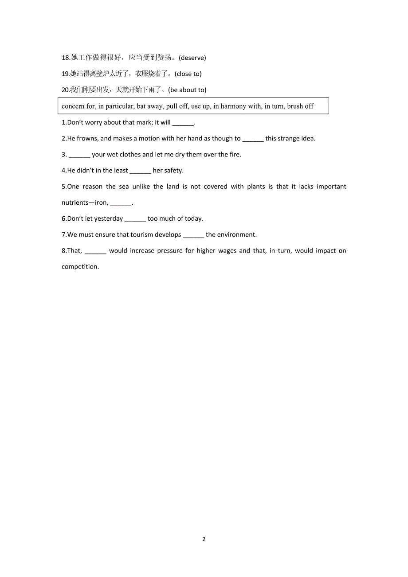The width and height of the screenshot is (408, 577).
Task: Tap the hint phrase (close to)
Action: (188, 74)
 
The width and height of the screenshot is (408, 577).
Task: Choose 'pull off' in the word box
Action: (177, 106)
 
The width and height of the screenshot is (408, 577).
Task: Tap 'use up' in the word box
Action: (200, 106)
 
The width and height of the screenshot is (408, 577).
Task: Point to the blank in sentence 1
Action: (183, 123)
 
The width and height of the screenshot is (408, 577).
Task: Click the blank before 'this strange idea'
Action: (253, 139)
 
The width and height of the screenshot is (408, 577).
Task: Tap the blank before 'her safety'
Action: (141, 171)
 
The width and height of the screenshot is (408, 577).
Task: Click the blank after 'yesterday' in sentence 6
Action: (135, 219)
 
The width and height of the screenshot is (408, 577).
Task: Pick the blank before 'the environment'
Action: (193, 235)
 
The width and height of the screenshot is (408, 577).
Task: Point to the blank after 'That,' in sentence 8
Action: (95, 251)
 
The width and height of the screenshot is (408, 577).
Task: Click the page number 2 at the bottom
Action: (204, 539)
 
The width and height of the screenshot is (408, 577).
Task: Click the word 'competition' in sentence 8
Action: (80, 267)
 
